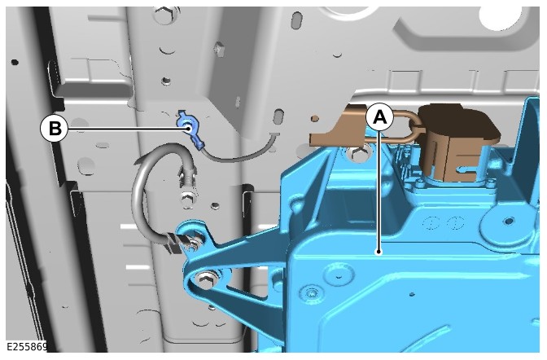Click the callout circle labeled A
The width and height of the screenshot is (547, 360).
click(x=380, y=117)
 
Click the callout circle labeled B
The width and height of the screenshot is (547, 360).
click(x=54, y=129)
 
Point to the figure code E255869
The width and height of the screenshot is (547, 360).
click(x=27, y=347)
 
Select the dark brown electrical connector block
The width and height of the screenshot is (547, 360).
click(x=457, y=142)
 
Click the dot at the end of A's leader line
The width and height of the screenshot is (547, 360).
click(x=379, y=252)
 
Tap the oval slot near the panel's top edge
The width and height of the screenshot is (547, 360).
click(x=297, y=20)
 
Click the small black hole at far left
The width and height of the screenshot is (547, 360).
click(x=15, y=63)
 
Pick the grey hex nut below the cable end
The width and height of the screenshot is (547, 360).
click(x=188, y=200)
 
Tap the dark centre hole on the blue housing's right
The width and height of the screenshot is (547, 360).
click(x=509, y=221)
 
